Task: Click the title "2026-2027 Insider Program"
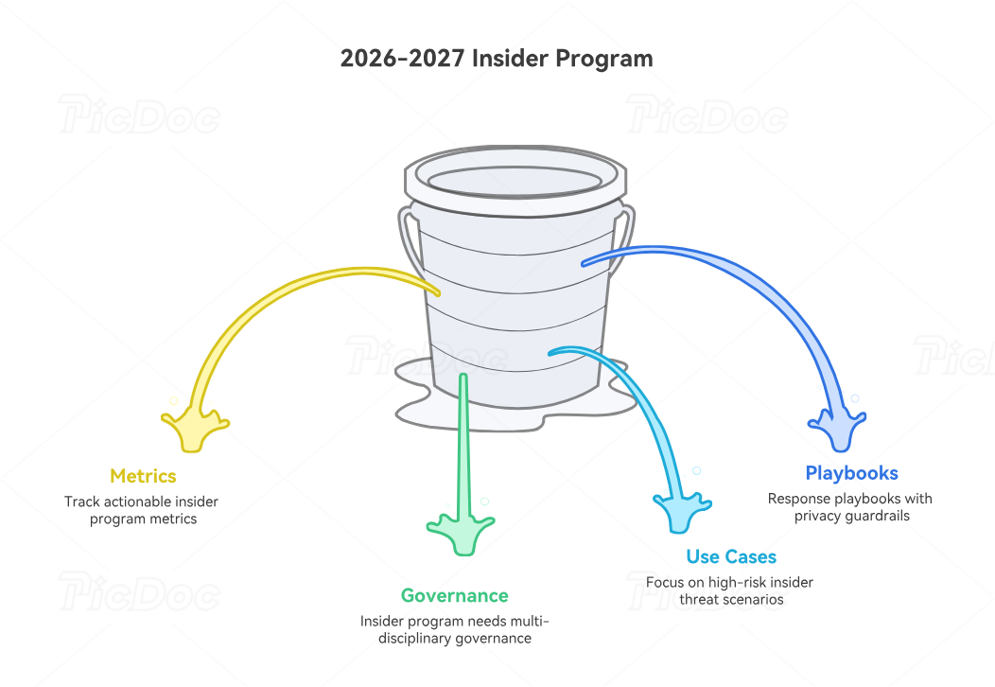pyautogui.click(x=497, y=58)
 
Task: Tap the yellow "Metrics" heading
pyautogui.click(x=143, y=475)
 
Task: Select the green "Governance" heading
pyautogui.click(x=454, y=595)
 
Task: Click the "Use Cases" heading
pyautogui.click(x=731, y=556)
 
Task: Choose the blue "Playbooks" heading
pyautogui.click(x=851, y=473)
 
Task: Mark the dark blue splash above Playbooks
pyautogui.click(x=837, y=431)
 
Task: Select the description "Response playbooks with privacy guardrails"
pyautogui.click(x=849, y=507)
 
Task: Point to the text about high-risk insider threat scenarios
pyautogui.click(x=729, y=590)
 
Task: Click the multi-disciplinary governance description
pyautogui.click(x=454, y=629)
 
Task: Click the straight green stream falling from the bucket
pyautogui.click(x=463, y=445)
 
